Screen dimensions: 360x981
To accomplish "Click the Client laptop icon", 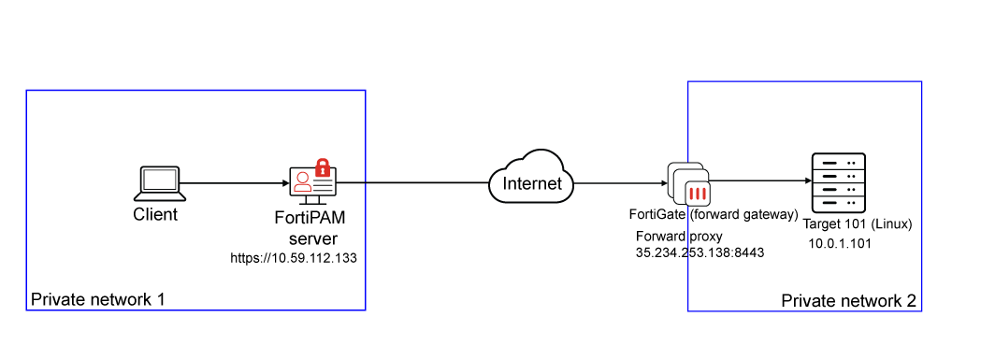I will pyautogui.click(x=162, y=182).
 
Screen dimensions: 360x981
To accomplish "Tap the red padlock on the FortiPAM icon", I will pyautogui.click(x=323, y=167).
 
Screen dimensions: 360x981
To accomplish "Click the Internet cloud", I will pyautogui.click(x=532, y=177).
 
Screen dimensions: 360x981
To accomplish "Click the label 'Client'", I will pyautogui.click(x=155, y=214).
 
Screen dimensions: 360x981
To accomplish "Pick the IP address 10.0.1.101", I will pyautogui.click(x=839, y=243).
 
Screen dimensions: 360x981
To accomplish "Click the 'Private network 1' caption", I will pyautogui.click(x=98, y=300).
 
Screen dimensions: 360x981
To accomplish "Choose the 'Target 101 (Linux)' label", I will pyautogui.click(x=857, y=224).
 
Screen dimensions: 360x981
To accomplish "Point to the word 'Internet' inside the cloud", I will pyautogui.click(x=532, y=183).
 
